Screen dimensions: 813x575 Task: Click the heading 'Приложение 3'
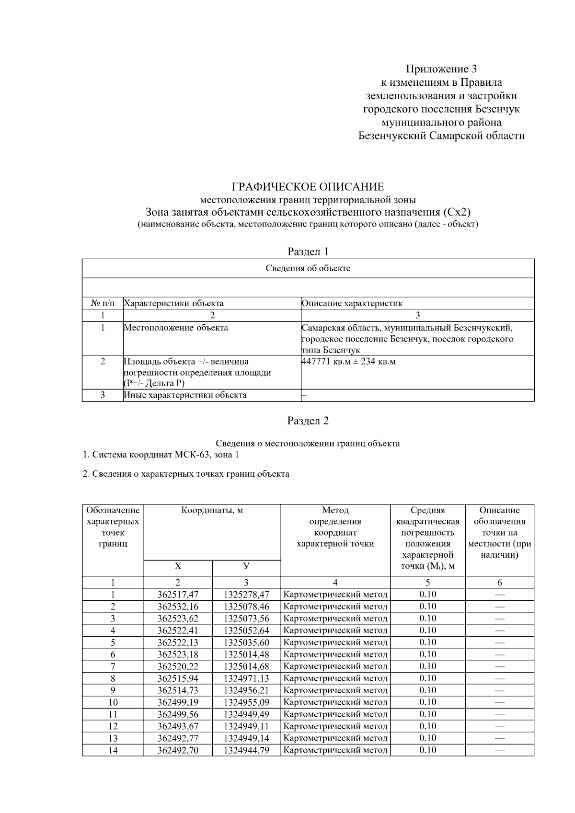(x=441, y=69)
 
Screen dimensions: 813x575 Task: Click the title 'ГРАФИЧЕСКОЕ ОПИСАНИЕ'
(x=308, y=187)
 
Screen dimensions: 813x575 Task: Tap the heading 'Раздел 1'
(x=308, y=252)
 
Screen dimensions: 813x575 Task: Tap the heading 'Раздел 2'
(x=308, y=421)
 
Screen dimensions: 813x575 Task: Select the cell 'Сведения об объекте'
(x=308, y=268)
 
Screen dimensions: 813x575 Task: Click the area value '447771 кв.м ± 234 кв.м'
(x=348, y=362)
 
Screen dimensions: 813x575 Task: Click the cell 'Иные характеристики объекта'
(x=185, y=395)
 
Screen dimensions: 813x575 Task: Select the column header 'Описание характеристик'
(x=352, y=303)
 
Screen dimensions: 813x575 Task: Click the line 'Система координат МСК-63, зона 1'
(x=161, y=455)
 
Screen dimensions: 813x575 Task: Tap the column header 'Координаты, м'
(x=212, y=511)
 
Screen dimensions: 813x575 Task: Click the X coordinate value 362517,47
(x=178, y=595)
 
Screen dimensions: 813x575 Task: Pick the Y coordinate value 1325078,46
(x=246, y=607)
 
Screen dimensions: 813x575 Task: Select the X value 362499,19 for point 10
(x=178, y=702)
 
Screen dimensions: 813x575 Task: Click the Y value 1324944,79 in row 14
(x=246, y=750)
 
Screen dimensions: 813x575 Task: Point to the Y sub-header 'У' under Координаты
(x=246, y=566)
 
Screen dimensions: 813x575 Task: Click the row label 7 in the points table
(x=113, y=666)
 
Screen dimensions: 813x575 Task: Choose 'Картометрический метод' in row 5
(x=335, y=642)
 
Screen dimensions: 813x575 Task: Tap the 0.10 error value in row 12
(x=427, y=726)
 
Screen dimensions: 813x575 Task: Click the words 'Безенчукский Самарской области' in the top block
(x=441, y=136)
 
